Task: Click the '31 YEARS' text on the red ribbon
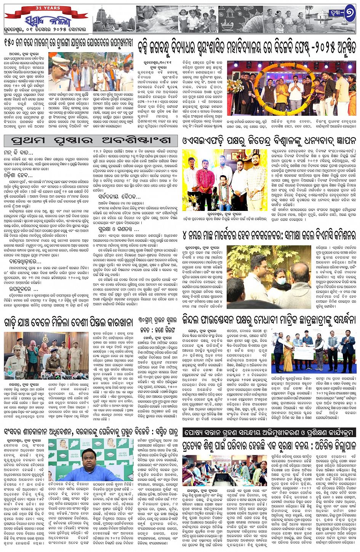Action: (48, 8)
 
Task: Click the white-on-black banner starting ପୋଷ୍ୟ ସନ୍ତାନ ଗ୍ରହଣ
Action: (268, 432)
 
